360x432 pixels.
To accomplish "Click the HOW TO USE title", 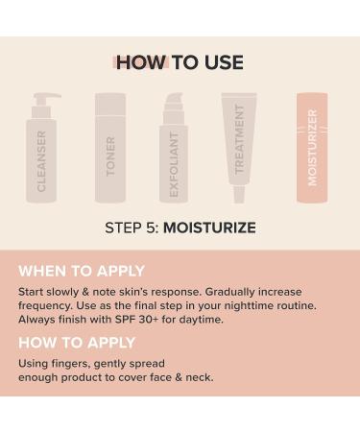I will pos(180,62).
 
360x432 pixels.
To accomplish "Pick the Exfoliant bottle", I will pos(173,154).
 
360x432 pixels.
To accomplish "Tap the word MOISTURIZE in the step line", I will pos(209,228).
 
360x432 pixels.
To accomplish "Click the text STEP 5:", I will pos(132,228).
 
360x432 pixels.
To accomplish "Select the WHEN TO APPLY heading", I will pos(81,271).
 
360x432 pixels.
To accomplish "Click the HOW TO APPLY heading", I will pos(77,343).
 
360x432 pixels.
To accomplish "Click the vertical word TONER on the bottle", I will pos(110,156).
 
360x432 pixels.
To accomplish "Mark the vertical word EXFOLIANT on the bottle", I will pos(174,164).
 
